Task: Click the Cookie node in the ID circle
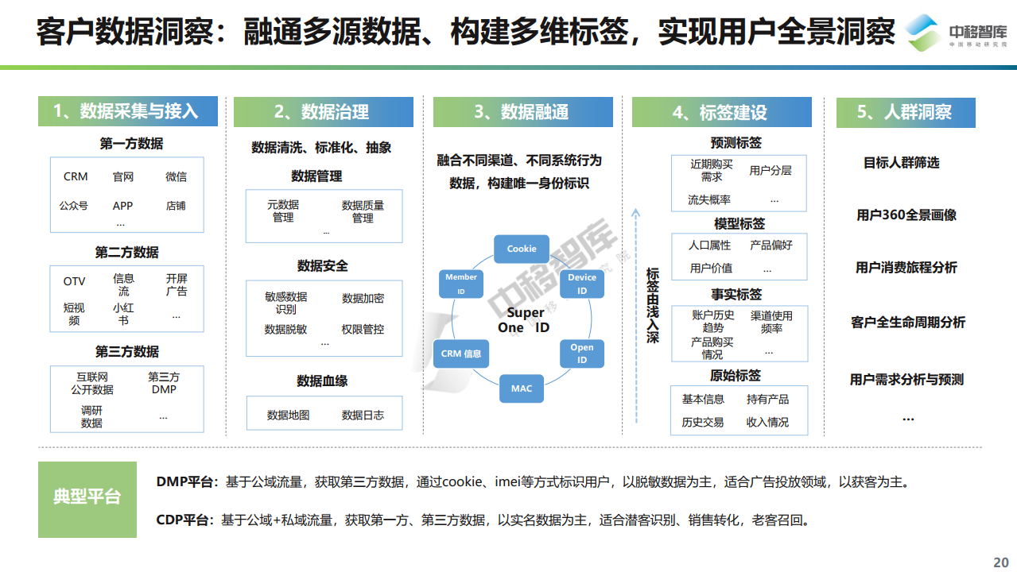click(521, 249)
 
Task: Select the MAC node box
click(521, 388)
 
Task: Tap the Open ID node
click(581, 354)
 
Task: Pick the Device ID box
click(581, 284)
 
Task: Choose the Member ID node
click(461, 284)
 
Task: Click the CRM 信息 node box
click(461, 354)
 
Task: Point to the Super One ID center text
click(524, 320)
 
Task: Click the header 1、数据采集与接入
click(127, 111)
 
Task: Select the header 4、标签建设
click(721, 112)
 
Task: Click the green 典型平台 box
click(87, 500)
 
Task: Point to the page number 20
click(1000, 562)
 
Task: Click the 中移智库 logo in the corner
click(956, 33)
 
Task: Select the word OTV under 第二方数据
click(74, 281)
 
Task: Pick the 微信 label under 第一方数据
click(176, 176)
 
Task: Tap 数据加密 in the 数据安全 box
click(363, 298)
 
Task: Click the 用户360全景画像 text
click(906, 214)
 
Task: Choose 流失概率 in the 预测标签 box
click(708, 199)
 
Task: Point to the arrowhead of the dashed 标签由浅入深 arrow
click(636, 212)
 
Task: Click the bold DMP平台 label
click(184, 481)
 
